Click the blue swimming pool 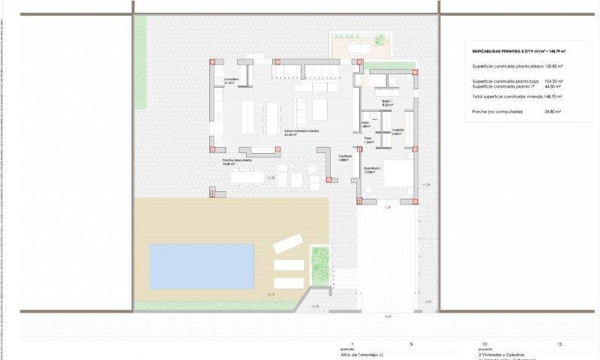[201, 265]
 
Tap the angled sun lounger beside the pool [287, 244]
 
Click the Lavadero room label [229, 80]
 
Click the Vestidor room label [397, 131]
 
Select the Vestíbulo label [344, 157]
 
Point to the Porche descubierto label [237, 160]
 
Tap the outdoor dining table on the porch [247, 178]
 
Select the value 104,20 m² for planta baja [553, 80]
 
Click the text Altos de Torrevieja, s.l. [364, 353]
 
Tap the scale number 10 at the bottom [485, 343]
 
